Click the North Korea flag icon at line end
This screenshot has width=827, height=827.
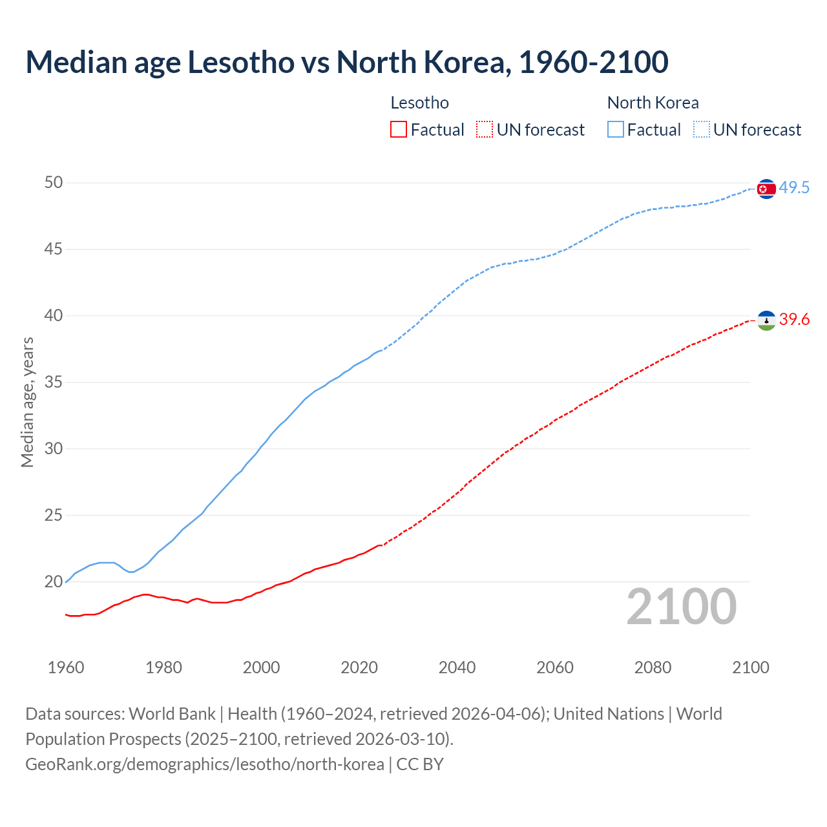click(766, 189)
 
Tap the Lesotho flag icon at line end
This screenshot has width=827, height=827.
click(766, 320)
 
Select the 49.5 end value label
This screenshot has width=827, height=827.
click(794, 188)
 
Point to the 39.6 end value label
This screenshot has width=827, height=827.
click(794, 320)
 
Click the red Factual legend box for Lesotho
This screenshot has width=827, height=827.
click(399, 130)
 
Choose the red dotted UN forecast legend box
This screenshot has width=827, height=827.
click(485, 130)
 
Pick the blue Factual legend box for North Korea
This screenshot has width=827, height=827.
click(616, 130)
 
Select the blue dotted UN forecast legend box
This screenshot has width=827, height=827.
click(702, 130)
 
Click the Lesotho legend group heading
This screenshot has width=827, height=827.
click(420, 103)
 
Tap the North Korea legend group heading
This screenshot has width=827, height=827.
click(653, 103)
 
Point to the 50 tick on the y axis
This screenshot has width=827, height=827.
click(54, 183)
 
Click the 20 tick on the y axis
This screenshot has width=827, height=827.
click(54, 582)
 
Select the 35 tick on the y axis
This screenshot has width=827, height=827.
click(54, 382)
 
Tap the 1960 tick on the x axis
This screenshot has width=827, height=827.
click(66, 667)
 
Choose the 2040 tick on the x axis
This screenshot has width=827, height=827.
click(457, 667)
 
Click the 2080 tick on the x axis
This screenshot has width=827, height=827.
click(653, 667)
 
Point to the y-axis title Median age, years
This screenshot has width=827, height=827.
click(27, 402)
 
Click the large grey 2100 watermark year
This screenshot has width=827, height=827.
click(681, 607)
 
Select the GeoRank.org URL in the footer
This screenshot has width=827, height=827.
click(205, 764)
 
